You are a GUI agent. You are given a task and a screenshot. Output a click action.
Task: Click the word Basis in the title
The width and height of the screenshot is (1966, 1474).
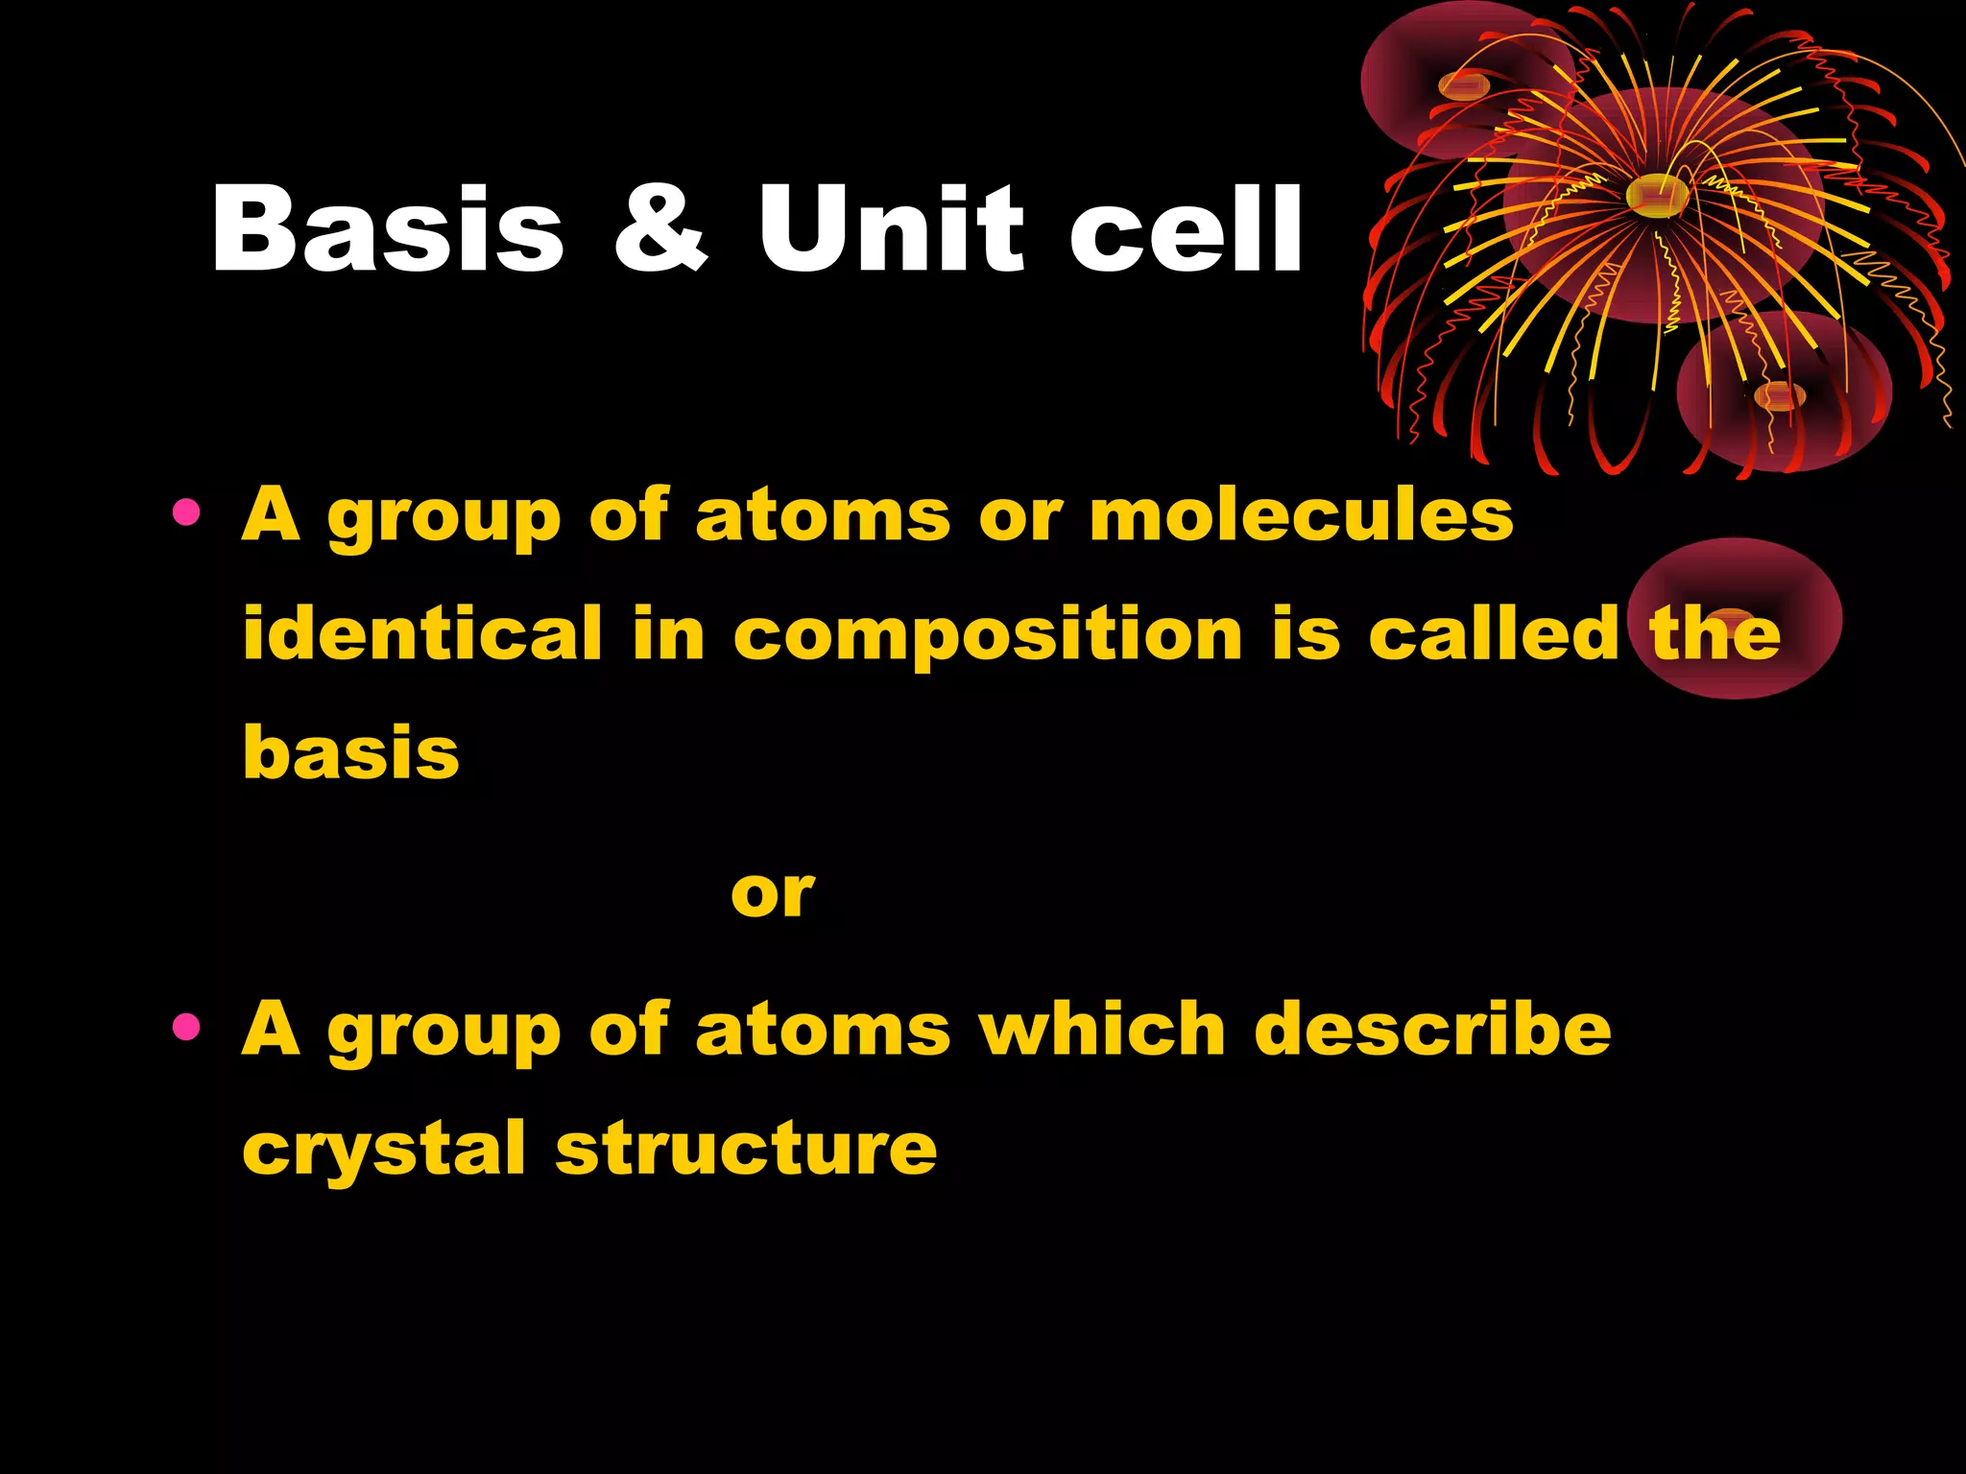387,230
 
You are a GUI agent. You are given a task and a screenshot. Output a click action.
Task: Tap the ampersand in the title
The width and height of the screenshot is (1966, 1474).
660,230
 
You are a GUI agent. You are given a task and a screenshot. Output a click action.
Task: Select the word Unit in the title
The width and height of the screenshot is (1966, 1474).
890,230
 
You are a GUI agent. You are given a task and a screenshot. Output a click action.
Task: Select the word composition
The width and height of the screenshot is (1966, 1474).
989,636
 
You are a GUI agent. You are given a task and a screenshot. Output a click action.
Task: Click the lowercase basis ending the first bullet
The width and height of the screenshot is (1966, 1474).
351,752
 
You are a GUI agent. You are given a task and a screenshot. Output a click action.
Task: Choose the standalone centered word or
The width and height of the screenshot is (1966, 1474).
772,894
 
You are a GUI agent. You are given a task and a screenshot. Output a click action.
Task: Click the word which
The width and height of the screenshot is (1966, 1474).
1101,1029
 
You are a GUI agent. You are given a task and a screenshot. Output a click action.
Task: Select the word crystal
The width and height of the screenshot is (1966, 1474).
384,1150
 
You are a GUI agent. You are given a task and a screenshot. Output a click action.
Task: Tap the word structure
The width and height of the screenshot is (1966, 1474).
746,1148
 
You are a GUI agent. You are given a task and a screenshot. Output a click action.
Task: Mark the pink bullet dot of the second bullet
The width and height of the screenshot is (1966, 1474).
186,1028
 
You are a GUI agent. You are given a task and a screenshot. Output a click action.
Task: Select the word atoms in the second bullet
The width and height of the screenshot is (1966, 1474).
823,1029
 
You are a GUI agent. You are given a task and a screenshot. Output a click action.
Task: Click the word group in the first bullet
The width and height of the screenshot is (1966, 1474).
444,518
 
